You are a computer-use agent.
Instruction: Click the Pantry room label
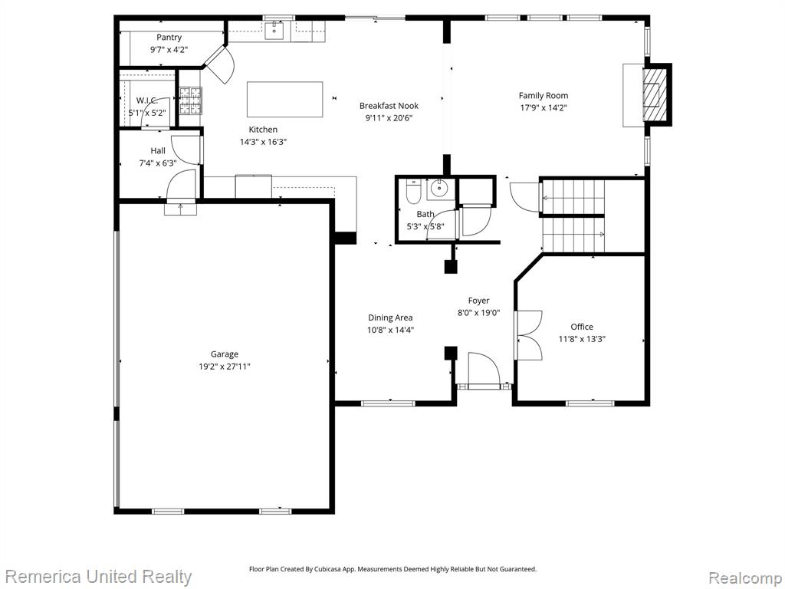click(169, 38)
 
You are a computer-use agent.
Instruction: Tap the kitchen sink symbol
click(274, 31)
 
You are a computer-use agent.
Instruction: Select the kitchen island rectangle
click(285, 99)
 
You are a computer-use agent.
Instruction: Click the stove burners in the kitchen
click(190, 100)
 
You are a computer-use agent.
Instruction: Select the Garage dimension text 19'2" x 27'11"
click(225, 367)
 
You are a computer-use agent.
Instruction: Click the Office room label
click(582, 327)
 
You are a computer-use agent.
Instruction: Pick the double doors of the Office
click(529, 335)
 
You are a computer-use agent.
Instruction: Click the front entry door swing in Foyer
click(484, 369)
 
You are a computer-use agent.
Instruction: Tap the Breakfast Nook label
click(389, 106)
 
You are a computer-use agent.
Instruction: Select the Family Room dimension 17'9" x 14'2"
click(544, 107)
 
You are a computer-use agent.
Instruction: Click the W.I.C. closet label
click(147, 100)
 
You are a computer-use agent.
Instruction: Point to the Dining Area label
click(390, 318)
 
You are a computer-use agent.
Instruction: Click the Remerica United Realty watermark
click(99, 577)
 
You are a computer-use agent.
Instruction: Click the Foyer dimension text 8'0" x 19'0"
click(478, 313)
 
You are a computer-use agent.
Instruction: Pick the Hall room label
click(158, 151)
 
